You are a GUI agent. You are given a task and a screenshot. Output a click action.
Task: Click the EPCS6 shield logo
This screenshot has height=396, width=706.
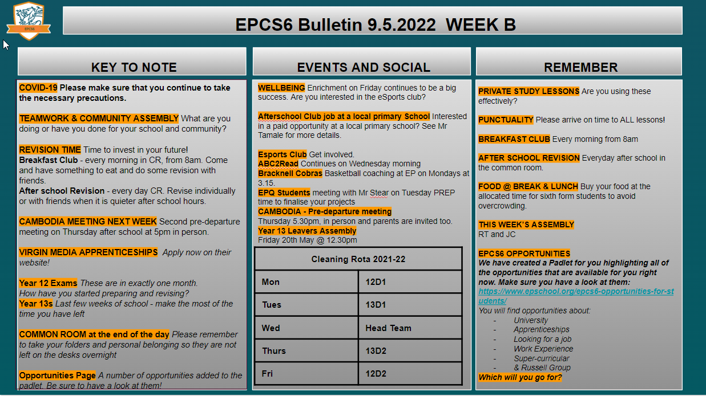tap(29, 21)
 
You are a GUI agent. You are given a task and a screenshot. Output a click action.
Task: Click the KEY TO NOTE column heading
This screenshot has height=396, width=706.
tap(134, 67)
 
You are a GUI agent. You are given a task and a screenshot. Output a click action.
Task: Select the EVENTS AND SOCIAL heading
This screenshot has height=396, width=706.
tap(364, 67)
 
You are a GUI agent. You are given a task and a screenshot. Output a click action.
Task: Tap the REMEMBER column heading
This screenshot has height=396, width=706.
tap(580, 67)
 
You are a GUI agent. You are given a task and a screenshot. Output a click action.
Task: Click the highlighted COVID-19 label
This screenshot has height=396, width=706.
tap(38, 87)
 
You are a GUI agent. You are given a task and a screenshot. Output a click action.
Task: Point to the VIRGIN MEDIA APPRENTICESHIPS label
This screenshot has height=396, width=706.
tap(88, 252)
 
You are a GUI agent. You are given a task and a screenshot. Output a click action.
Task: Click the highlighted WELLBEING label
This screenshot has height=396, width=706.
tap(281, 88)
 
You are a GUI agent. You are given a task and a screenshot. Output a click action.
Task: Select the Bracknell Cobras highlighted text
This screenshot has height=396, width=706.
tap(290, 173)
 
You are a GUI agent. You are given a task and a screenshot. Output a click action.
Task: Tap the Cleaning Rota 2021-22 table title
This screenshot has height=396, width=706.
tap(358, 259)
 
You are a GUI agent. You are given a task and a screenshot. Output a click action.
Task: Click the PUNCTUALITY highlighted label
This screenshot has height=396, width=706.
tap(506, 120)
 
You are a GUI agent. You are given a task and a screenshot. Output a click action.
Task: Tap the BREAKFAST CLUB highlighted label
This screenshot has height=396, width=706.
tap(514, 139)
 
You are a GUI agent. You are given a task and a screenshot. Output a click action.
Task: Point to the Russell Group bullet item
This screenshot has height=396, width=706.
tap(542, 368)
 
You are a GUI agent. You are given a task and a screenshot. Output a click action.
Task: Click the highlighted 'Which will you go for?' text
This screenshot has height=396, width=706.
tap(520, 377)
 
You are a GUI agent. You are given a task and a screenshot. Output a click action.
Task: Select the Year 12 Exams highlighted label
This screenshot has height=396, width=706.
tap(48, 283)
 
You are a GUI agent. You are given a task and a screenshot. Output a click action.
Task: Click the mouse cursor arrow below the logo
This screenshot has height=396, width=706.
tap(6, 44)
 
